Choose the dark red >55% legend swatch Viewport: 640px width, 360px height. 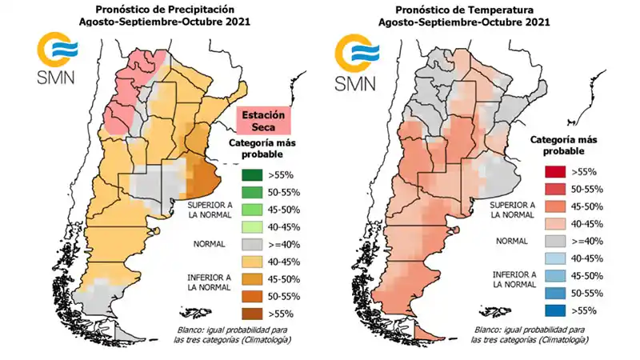pos(554,172)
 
